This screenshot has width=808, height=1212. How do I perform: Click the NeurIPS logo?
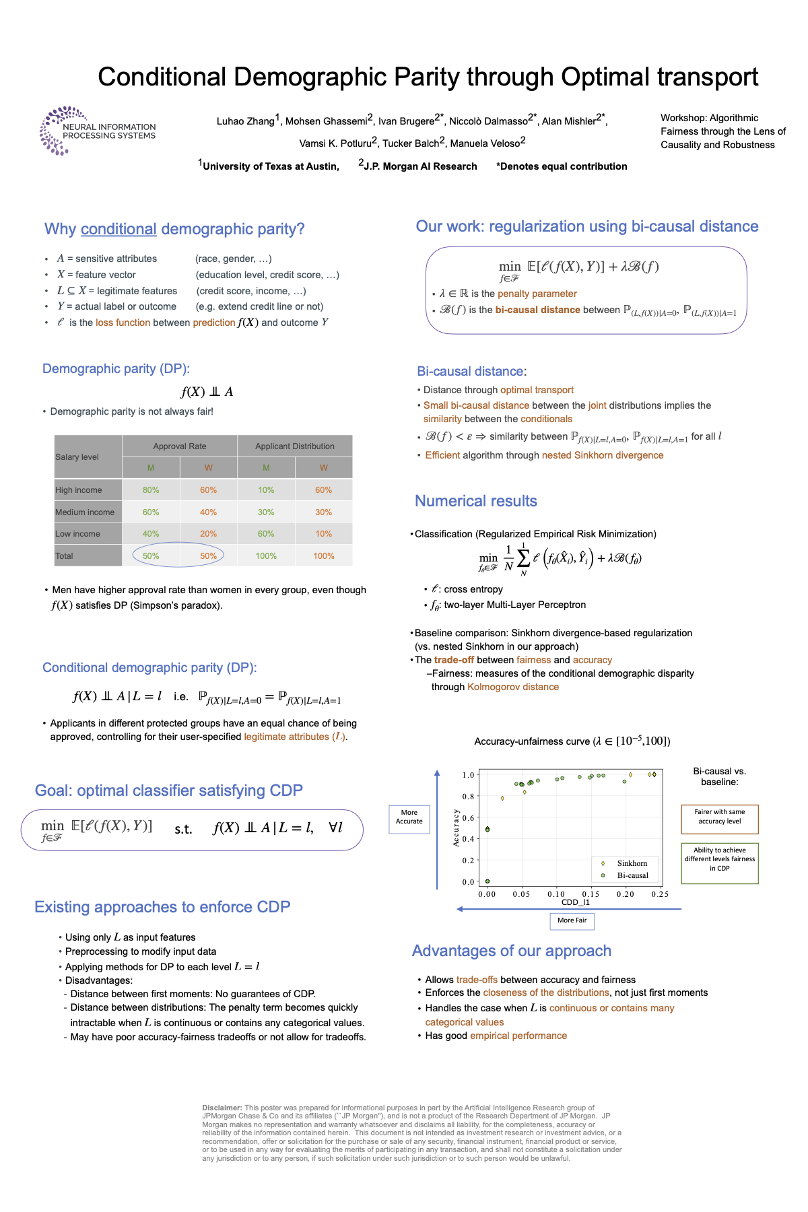pos(97,130)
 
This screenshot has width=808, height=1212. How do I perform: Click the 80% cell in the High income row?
pos(151,490)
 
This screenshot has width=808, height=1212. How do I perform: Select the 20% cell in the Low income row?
pos(208,533)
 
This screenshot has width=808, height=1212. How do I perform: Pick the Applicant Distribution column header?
pos(294,446)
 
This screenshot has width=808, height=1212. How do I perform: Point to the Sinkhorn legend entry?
pos(632,863)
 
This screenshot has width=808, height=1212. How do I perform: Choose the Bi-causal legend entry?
pos(632,875)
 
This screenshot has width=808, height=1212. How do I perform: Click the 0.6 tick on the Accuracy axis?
pos(468,817)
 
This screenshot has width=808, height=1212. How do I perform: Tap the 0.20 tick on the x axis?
pos(626,894)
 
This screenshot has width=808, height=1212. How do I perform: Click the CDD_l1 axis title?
pos(575,902)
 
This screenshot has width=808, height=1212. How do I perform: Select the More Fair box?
pos(572,920)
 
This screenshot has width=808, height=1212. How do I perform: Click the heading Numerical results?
pos(475,501)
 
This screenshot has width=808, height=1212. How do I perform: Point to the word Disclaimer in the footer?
pos(222,1108)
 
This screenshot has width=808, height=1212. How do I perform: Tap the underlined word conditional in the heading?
pos(119,229)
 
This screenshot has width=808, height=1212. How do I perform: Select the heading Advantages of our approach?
pos(511,951)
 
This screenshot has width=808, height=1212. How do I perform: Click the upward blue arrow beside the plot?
pos(437,828)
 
